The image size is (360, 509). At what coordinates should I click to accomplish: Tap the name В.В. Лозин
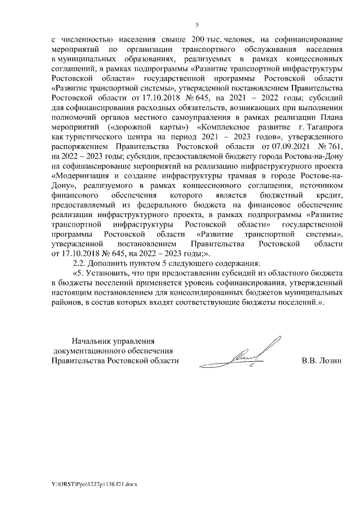pyautogui.click(x=321, y=361)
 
